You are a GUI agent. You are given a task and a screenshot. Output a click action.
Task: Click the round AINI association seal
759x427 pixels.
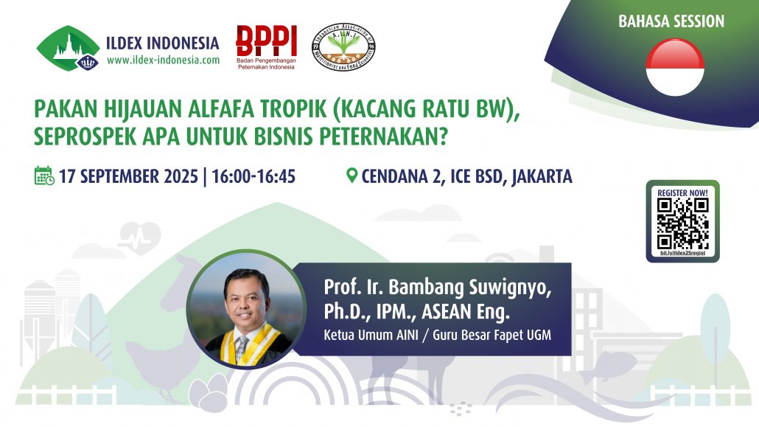[343, 47]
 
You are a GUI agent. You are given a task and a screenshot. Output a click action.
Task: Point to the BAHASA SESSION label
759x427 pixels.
[671, 21]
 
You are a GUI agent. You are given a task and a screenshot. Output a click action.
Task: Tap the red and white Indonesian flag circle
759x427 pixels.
[675, 67]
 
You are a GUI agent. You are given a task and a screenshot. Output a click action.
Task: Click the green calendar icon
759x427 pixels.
[44, 176]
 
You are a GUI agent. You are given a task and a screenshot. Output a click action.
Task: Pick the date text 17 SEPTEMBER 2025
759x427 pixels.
[128, 177]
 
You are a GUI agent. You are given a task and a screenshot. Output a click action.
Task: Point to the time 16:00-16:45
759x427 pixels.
[253, 177]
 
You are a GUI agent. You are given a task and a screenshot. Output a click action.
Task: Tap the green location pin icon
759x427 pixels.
[351, 176]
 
